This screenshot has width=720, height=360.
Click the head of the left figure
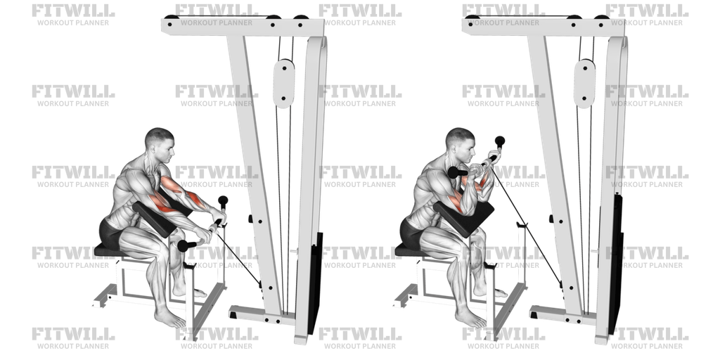click(x=159, y=143)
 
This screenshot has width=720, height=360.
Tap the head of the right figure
click(x=460, y=143)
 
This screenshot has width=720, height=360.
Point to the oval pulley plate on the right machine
click(x=584, y=83)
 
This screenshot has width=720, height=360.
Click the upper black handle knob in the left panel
click(x=223, y=201)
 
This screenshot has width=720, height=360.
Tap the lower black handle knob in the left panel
click(x=186, y=245)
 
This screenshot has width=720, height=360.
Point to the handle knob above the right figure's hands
click(x=500, y=141)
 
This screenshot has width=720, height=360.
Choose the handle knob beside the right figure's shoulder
click(x=454, y=172)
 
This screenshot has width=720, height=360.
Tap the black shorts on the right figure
click(x=411, y=232)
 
